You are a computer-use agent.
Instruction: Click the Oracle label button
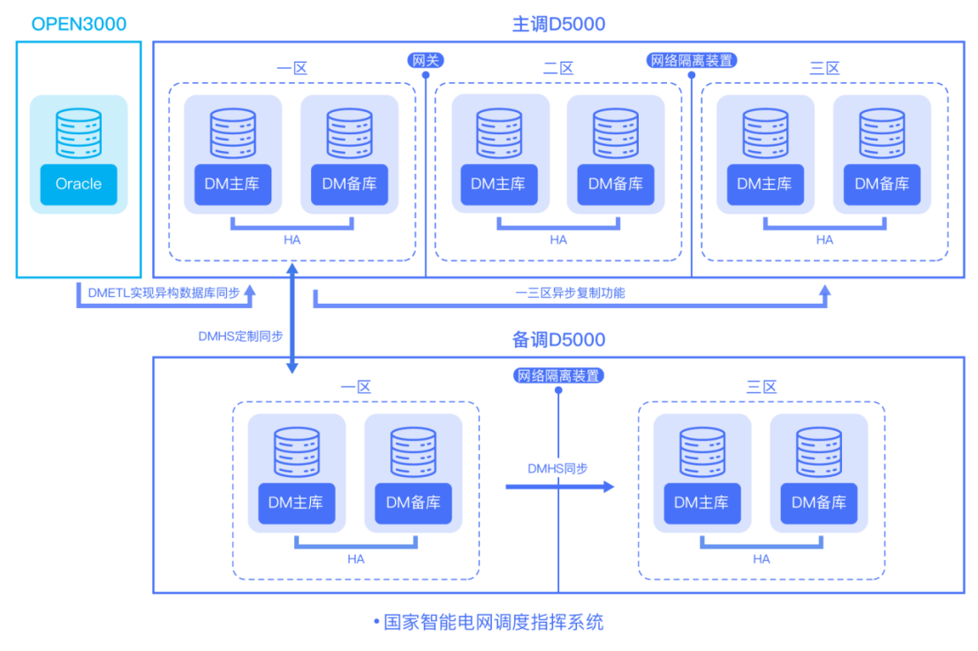pos(79,184)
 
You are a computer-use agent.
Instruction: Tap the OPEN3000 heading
pos(78,24)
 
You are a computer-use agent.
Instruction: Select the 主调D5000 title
pos(559,24)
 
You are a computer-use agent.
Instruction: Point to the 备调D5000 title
pos(559,339)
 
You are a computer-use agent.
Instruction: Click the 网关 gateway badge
pos(426,60)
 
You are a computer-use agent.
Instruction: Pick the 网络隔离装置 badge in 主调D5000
pos(692,60)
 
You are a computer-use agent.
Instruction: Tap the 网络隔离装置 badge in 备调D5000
pos(558,375)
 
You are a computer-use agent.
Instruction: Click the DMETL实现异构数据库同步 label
pos(163,292)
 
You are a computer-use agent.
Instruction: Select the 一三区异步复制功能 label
pos(570,292)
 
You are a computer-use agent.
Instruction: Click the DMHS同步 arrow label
pos(557,468)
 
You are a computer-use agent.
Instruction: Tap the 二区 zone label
pos(558,68)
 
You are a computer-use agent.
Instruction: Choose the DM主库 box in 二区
pos(498,184)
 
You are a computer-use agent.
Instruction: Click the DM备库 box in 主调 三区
pos(882,184)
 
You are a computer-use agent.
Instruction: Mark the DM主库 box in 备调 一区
pos(297,503)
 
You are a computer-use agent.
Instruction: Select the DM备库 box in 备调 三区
pos(818,503)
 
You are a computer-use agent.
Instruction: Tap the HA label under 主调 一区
pos(292,239)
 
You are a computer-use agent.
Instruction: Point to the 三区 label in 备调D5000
pos(762,387)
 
